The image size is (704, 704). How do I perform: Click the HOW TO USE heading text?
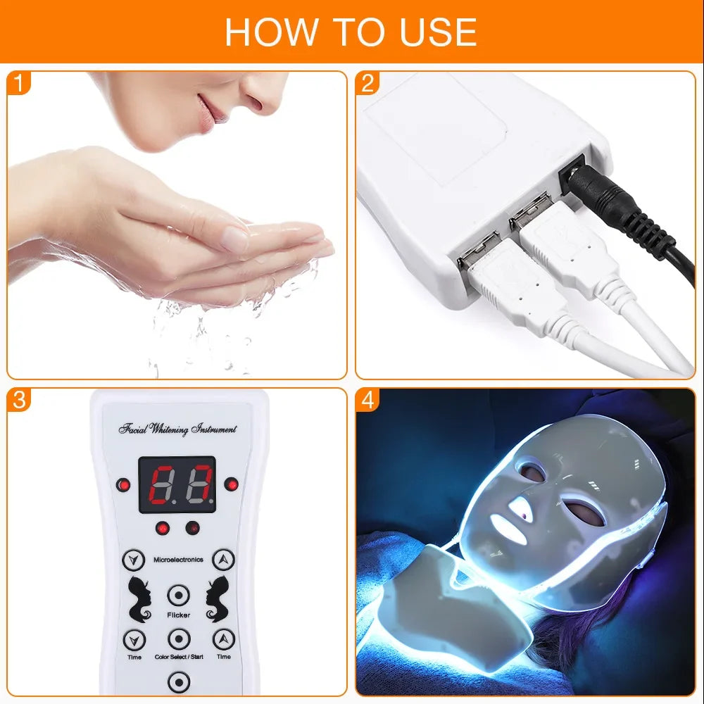pyautogui.click(x=351, y=31)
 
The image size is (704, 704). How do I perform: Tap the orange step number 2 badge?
pyautogui.click(x=367, y=84)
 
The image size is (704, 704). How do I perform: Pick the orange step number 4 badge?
pyautogui.click(x=367, y=400)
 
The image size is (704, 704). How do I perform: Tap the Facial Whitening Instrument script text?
pyautogui.click(x=178, y=429)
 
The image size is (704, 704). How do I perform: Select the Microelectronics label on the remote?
pyautogui.click(x=178, y=560)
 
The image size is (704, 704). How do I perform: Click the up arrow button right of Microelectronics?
pyautogui.click(x=223, y=560)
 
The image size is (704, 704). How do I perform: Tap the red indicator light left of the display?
pyautogui.click(x=124, y=484)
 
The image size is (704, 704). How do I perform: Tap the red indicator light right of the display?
pyautogui.click(x=230, y=484)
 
